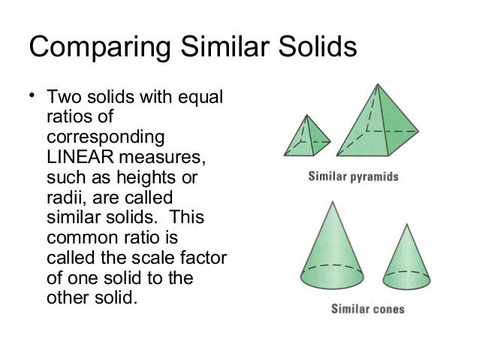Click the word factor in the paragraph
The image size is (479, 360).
(206, 259)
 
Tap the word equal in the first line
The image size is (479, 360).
(204, 100)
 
